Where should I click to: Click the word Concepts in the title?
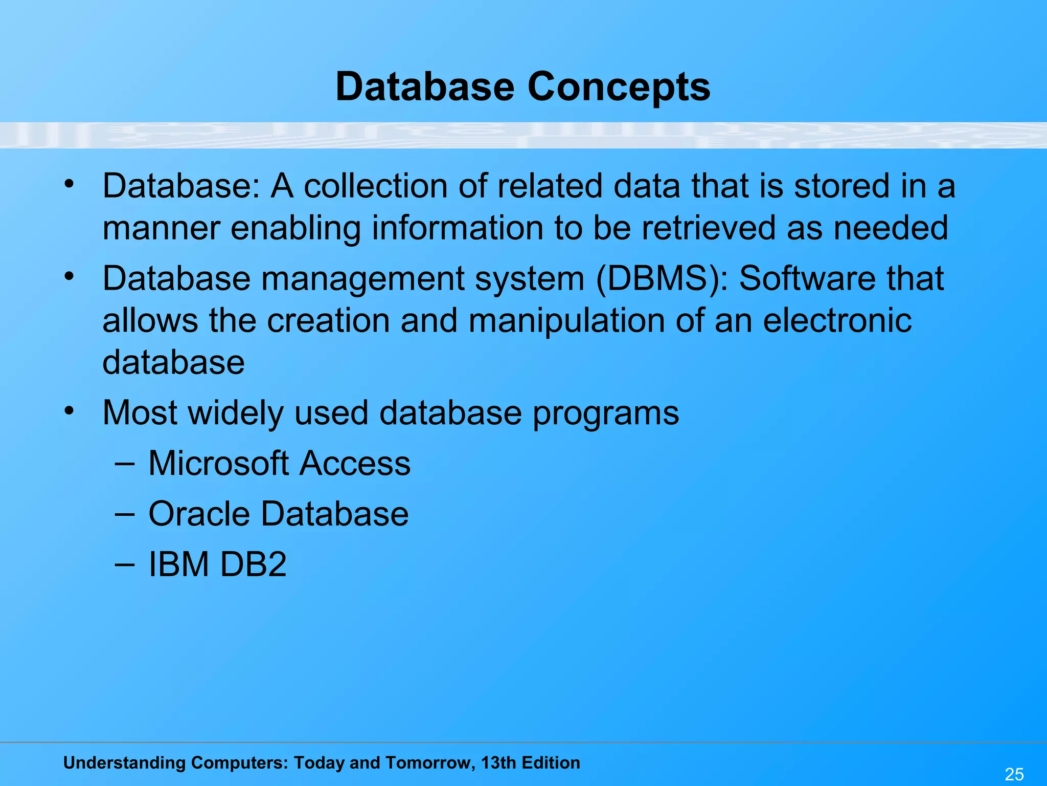tap(619, 87)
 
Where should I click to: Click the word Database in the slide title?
tap(425, 87)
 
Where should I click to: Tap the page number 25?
tap(1014, 774)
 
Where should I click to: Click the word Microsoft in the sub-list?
tap(219, 464)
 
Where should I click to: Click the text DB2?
tap(253, 564)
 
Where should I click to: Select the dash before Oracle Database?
tap(125, 513)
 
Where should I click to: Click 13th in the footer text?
tap(498, 762)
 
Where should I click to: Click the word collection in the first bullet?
tap(376, 186)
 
